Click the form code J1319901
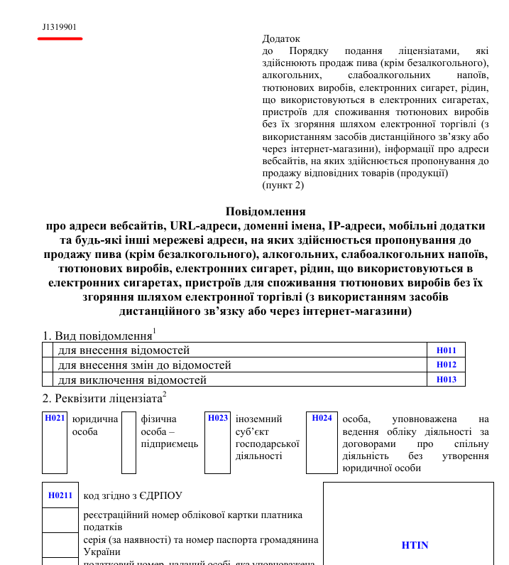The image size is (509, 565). pos(59,27)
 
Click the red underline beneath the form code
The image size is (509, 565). pos(60,37)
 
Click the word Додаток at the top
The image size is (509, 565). pos(281,39)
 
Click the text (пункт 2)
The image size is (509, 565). pos(283,185)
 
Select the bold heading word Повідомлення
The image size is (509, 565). pos(266,211)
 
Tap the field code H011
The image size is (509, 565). pos(446,350)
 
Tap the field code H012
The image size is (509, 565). pos(446,365)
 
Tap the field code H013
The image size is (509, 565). pos(446,380)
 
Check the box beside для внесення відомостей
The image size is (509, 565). pos(48,350)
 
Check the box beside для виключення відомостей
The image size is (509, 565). pos(48,380)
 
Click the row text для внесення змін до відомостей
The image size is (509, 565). pos(144,365)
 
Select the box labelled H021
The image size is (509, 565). pos(55,442)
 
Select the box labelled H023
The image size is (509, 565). pos(218,442)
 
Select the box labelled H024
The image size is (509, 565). pos(322,442)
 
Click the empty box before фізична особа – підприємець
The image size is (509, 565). pos(128,442)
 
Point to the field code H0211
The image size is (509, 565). pos(60,495)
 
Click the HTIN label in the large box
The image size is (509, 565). pos(415,545)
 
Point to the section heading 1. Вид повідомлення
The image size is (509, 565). pos(99,335)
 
